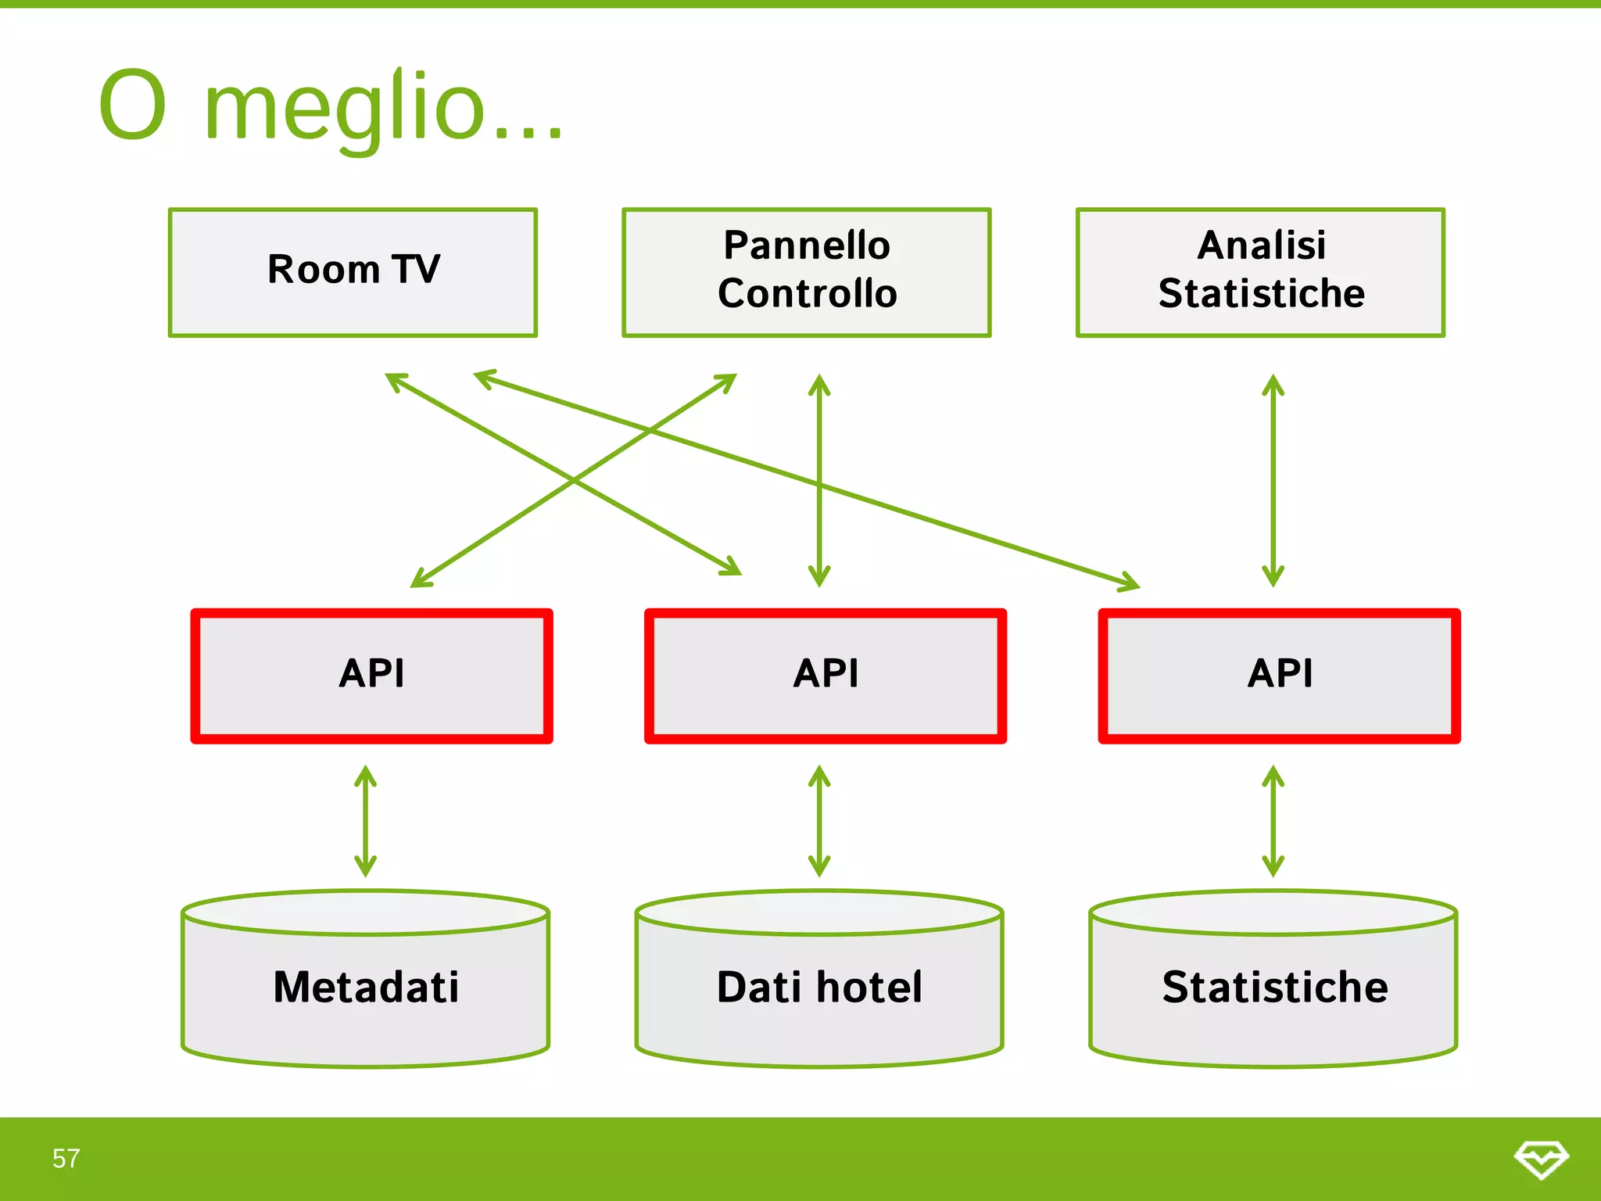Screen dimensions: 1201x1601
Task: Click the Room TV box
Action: coord(353,272)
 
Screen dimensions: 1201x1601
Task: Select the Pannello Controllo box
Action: coord(806,272)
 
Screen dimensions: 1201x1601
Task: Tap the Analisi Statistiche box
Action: coord(1260,272)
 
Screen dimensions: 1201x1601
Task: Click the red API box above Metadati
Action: coord(371,676)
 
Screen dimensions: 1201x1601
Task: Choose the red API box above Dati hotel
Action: coord(825,676)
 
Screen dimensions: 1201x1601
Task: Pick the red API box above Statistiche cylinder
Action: coord(1279,676)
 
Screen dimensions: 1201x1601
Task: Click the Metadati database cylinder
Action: coord(365,987)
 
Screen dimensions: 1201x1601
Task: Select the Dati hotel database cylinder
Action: coord(818,987)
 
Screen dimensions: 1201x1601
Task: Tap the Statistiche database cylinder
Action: coord(1273,987)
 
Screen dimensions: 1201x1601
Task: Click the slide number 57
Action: coord(66,1158)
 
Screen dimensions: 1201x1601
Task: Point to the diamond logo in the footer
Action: coord(1541,1158)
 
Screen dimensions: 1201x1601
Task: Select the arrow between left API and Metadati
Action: coord(365,821)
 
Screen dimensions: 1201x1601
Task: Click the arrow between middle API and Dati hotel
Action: coord(818,821)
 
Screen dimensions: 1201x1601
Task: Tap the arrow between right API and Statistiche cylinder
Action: coord(1273,821)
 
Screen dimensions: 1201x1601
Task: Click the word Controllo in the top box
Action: coord(807,294)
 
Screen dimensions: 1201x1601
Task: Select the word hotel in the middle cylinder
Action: coord(869,987)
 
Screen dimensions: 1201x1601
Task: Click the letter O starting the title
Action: coord(133,106)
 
